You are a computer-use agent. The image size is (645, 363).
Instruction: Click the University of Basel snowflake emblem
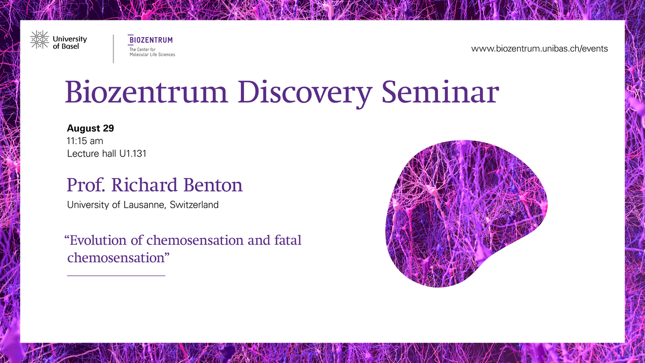(x=39, y=39)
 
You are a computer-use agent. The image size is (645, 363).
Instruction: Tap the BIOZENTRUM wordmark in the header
(x=150, y=40)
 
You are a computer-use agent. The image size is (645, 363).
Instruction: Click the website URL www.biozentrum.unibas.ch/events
(x=539, y=48)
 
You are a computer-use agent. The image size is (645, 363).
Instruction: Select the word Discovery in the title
(x=305, y=92)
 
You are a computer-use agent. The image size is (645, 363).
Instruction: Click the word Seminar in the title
(x=440, y=92)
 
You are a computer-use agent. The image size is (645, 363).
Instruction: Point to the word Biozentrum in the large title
(x=147, y=92)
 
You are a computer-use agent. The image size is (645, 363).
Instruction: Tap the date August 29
(x=90, y=128)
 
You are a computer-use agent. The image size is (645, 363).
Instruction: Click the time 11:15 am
(x=85, y=141)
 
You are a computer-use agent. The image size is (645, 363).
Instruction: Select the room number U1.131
(x=133, y=154)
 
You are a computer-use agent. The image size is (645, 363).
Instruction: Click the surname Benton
(x=213, y=184)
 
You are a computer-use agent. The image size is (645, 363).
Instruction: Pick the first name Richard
(x=144, y=184)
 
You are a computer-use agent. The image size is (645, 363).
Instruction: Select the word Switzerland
(x=194, y=205)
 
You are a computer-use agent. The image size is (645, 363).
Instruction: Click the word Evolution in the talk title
(x=98, y=240)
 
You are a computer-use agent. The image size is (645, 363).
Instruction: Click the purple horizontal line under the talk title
(x=116, y=276)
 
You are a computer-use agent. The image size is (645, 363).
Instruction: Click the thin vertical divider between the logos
(x=113, y=49)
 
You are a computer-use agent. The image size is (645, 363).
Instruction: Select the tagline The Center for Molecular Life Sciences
(x=152, y=52)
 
